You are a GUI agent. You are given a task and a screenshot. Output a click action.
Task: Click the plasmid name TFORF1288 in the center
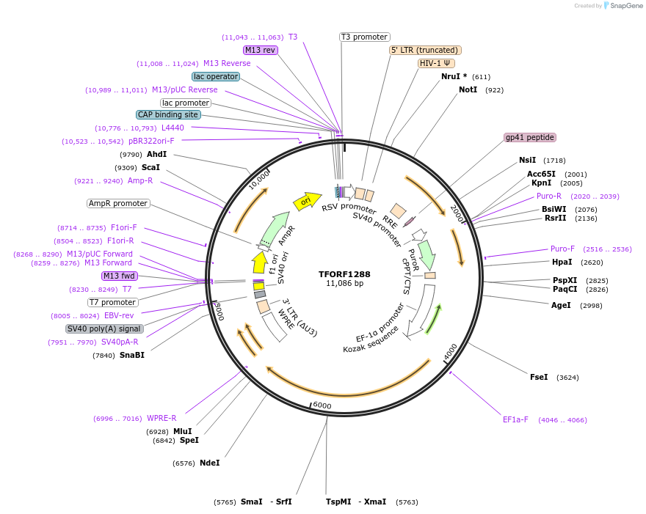(344, 274)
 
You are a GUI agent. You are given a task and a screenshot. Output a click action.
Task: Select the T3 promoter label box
(365, 37)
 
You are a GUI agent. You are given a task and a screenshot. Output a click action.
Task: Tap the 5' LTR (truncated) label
(425, 50)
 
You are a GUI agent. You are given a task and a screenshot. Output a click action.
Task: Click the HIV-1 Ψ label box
(435, 63)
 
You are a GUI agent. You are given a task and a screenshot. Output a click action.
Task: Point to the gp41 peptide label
(530, 137)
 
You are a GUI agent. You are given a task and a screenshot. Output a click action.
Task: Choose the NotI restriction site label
(468, 89)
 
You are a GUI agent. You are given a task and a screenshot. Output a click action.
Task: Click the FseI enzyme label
(539, 377)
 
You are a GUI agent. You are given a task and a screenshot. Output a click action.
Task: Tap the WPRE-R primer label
(161, 418)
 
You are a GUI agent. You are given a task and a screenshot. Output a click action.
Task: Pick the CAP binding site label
(168, 114)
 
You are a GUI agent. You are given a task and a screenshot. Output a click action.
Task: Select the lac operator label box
(216, 76)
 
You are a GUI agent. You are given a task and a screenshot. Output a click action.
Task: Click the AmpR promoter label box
(118, 203)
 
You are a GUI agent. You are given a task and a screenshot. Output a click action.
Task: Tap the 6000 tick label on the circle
(322, 405)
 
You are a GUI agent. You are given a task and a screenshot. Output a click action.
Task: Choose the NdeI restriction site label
(209, 463)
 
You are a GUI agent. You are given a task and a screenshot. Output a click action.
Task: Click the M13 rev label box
(261, 50)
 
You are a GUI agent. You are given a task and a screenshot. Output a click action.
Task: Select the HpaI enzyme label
(562, 262)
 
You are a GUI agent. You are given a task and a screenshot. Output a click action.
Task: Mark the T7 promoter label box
(113, 302)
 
